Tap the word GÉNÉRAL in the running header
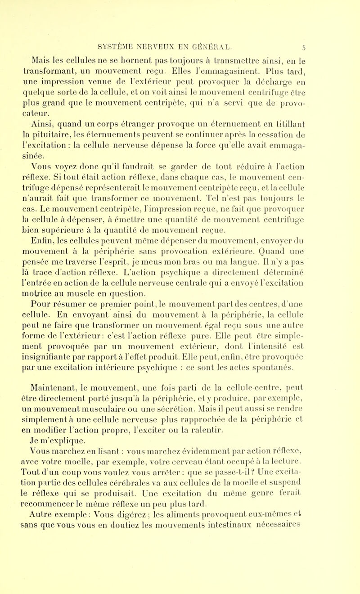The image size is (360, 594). point(256,45)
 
